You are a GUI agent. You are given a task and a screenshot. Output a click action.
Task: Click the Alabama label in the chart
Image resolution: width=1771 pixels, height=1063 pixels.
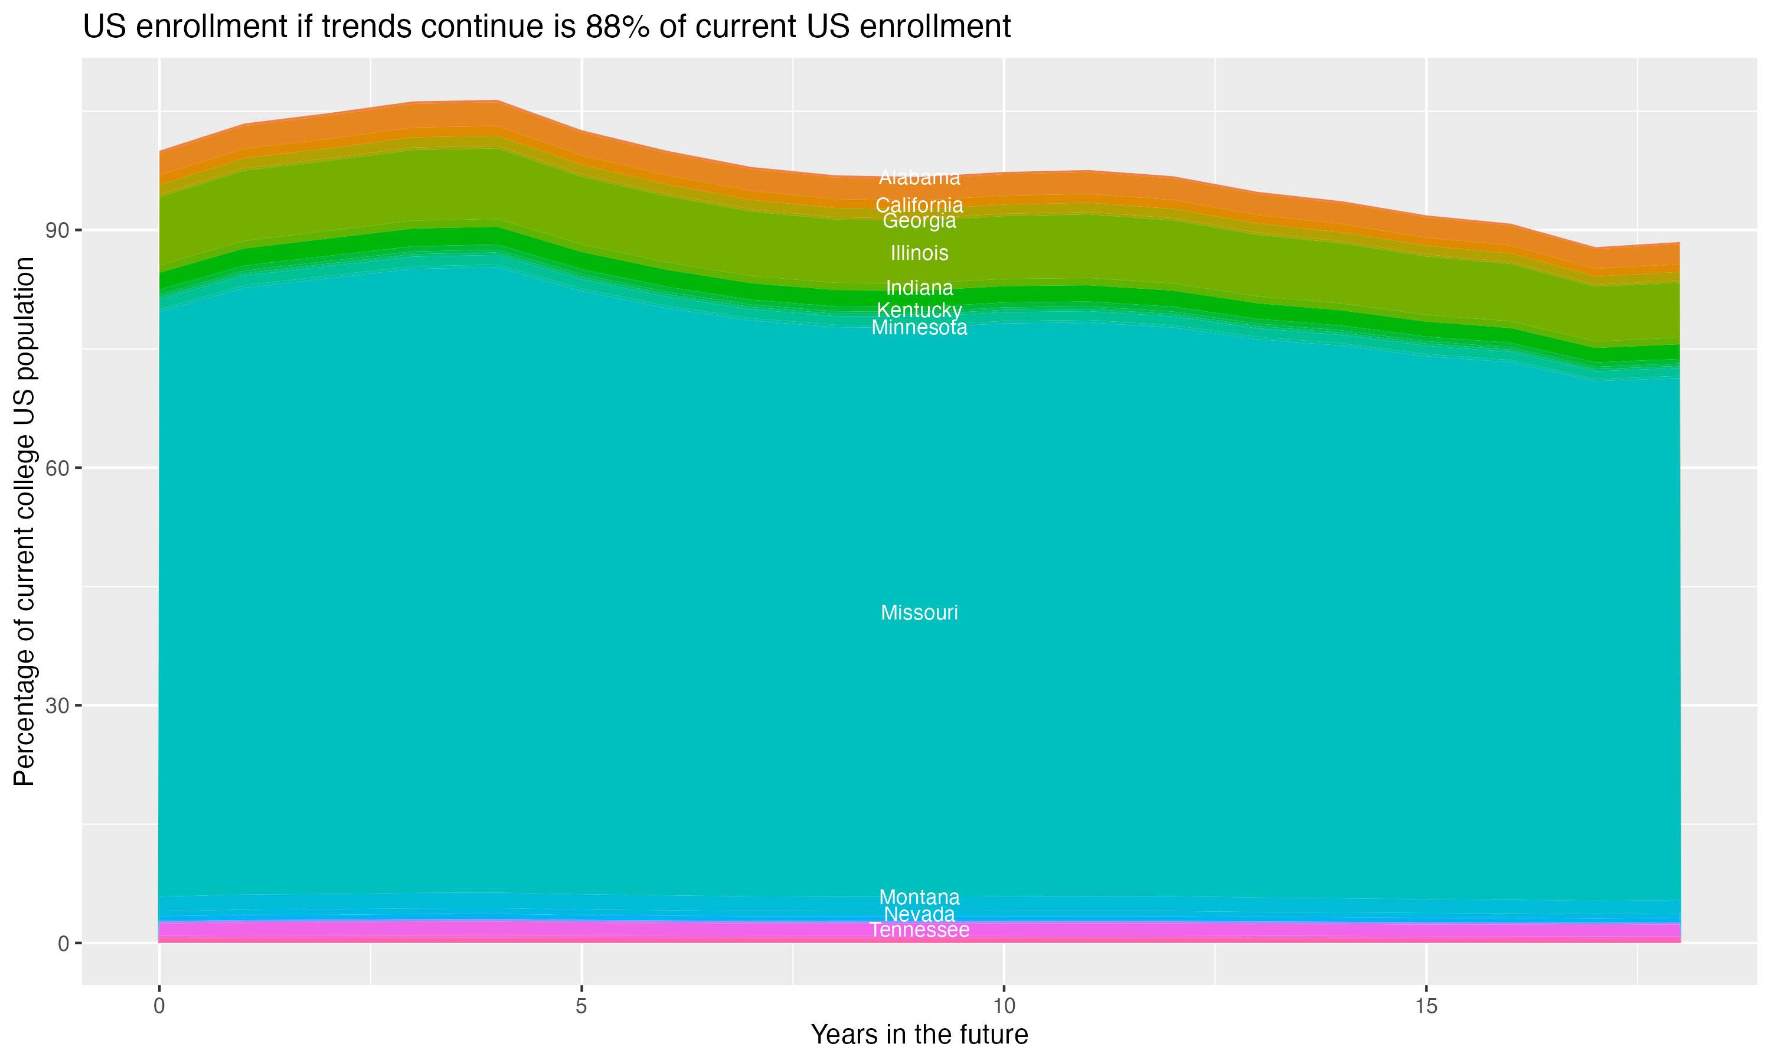click(x=919, y=178)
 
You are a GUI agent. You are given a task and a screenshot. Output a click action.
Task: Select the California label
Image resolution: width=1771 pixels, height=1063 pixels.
click(x=919, y=206)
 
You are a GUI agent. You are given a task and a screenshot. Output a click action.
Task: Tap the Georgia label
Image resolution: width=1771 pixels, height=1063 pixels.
click(x=919, y=221)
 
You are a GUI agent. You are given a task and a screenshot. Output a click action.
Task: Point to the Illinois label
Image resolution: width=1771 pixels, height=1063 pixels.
click(x=919, y=253)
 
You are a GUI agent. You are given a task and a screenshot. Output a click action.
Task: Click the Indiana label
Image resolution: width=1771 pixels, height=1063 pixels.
click(x=919, y=288)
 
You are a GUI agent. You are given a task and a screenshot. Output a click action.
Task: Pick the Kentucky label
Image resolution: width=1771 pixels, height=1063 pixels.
click(x=919, y=310)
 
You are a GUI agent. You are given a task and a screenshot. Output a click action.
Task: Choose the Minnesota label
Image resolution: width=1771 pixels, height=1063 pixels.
click(x=919, y=328)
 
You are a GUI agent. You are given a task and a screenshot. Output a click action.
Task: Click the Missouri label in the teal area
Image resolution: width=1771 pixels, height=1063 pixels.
click(x=919, y=612)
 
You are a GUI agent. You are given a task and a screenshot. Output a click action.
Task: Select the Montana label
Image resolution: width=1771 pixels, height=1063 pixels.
click(x=919, y=897)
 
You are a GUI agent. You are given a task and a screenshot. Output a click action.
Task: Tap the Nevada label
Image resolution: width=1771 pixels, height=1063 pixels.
click(x=919, y=914)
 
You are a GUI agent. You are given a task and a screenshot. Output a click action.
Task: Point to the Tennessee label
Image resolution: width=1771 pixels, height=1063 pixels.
click(x=919, y=930)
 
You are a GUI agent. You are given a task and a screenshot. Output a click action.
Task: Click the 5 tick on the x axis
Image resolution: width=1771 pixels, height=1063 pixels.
click(x=581, y=1006)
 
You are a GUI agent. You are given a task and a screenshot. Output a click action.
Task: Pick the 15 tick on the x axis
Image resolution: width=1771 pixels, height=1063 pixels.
click(x=1426, y=1006)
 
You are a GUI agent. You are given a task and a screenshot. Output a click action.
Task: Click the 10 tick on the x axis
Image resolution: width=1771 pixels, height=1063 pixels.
click(x=1004, y=1006)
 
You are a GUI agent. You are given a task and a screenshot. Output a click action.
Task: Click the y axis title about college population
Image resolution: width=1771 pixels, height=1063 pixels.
click(x=24, y=521)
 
